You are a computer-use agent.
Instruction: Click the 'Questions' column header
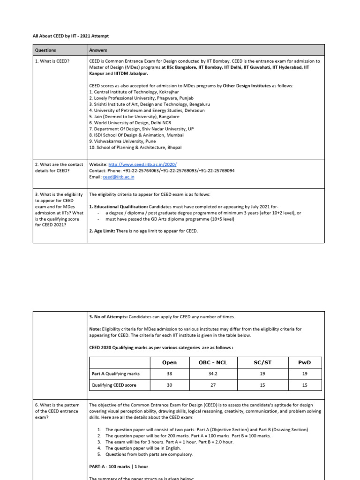45,50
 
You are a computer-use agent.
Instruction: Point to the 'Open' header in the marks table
169,362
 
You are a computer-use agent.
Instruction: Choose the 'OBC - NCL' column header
209,362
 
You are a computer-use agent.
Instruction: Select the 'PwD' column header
305,362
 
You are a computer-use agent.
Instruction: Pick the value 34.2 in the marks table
209,374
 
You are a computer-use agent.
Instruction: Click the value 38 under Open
169,374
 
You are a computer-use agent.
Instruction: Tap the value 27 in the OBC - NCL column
209,385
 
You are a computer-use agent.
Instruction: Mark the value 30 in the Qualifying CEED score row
169,385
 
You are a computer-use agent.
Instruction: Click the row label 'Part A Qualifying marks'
115,374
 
